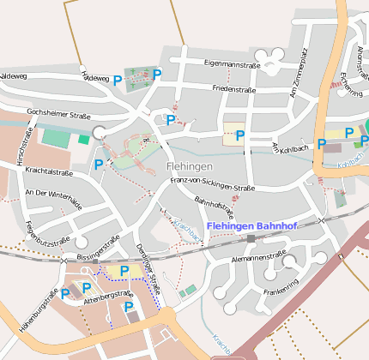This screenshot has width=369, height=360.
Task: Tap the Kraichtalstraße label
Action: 49,172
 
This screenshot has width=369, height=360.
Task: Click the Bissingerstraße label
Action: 97,249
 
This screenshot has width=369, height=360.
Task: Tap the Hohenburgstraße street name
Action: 36,315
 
